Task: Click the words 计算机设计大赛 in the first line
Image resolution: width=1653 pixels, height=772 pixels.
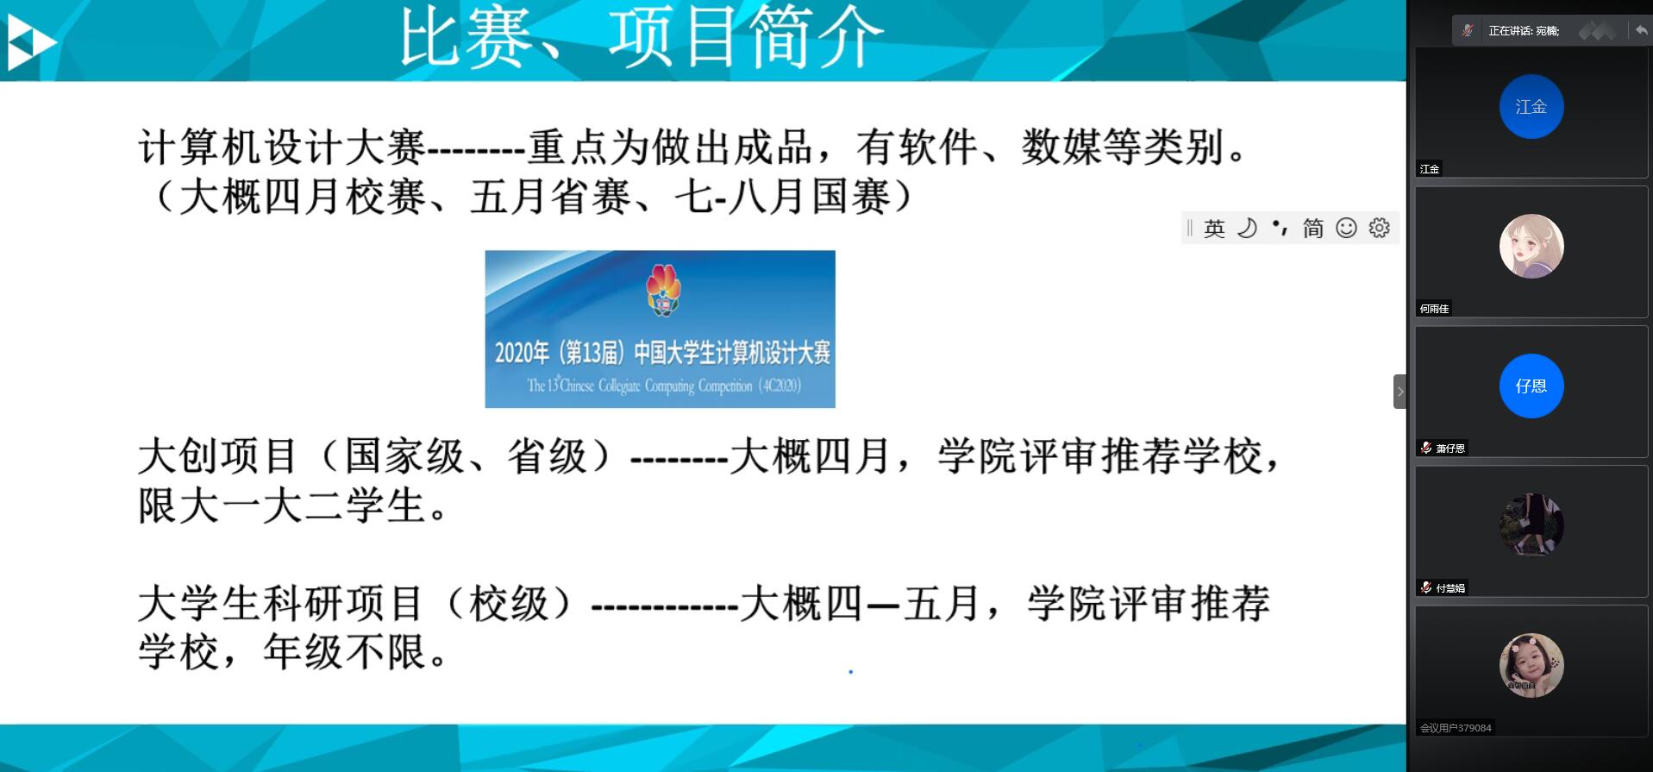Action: tap(282, 147)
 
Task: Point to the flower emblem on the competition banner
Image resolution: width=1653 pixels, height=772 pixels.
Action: tap(663, 290)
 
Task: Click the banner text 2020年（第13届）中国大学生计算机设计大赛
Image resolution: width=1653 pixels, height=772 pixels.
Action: tap(662, 352)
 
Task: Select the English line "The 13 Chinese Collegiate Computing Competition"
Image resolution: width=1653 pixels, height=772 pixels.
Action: tap(665, 385)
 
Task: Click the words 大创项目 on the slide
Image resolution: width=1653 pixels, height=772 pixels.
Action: tap(218, 455)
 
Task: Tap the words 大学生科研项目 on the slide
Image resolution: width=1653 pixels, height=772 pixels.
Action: tap(281, 603)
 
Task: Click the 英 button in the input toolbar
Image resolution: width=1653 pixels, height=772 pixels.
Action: tap(1214, 229)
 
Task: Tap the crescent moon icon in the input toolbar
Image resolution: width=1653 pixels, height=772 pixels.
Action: tap(1247, 228)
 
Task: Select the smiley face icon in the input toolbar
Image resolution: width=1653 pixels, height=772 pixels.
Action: tap(1346, 228)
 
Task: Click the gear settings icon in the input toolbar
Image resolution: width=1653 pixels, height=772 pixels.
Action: tap(1380, 228)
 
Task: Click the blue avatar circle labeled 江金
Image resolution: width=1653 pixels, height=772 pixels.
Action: tap(1531, 107)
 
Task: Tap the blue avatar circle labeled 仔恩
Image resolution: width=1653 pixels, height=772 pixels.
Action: tap(1531, 386)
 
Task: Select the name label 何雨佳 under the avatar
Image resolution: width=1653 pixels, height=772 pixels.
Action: tap(1435, 309)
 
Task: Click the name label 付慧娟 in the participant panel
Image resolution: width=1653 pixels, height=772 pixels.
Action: tap(1450, 588)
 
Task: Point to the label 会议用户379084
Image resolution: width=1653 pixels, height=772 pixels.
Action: tap(1456, 728)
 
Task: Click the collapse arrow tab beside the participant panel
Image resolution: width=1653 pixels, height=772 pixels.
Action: tap(1400, 392)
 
